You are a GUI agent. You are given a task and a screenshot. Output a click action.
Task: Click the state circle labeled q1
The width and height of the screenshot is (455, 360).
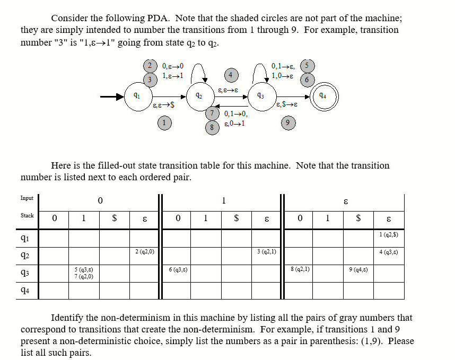[x=138, y=97]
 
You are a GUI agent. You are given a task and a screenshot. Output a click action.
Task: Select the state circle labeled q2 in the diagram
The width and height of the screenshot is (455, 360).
[x=199, y=97]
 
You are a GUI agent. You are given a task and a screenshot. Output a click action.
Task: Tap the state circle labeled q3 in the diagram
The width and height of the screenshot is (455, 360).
[x=260, y=97]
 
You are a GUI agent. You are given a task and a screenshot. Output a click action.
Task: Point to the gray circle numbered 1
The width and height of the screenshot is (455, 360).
[x=165, y=123]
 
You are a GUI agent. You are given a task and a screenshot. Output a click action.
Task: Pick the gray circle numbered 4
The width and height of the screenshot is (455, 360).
[x=230, y=75]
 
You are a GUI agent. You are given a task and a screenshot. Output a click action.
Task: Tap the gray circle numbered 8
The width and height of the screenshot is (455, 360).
[x=212, y=127]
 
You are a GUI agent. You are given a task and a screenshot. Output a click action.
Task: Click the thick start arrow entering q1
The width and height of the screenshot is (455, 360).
[x=111, y=97]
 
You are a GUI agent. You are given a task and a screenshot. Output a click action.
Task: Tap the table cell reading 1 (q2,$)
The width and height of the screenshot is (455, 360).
[x=389, y=234]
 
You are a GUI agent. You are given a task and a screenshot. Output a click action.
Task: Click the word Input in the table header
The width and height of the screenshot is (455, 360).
[x=27, y=198]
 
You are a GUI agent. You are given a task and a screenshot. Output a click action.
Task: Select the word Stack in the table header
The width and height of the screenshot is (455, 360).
[x=27, y=215]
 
